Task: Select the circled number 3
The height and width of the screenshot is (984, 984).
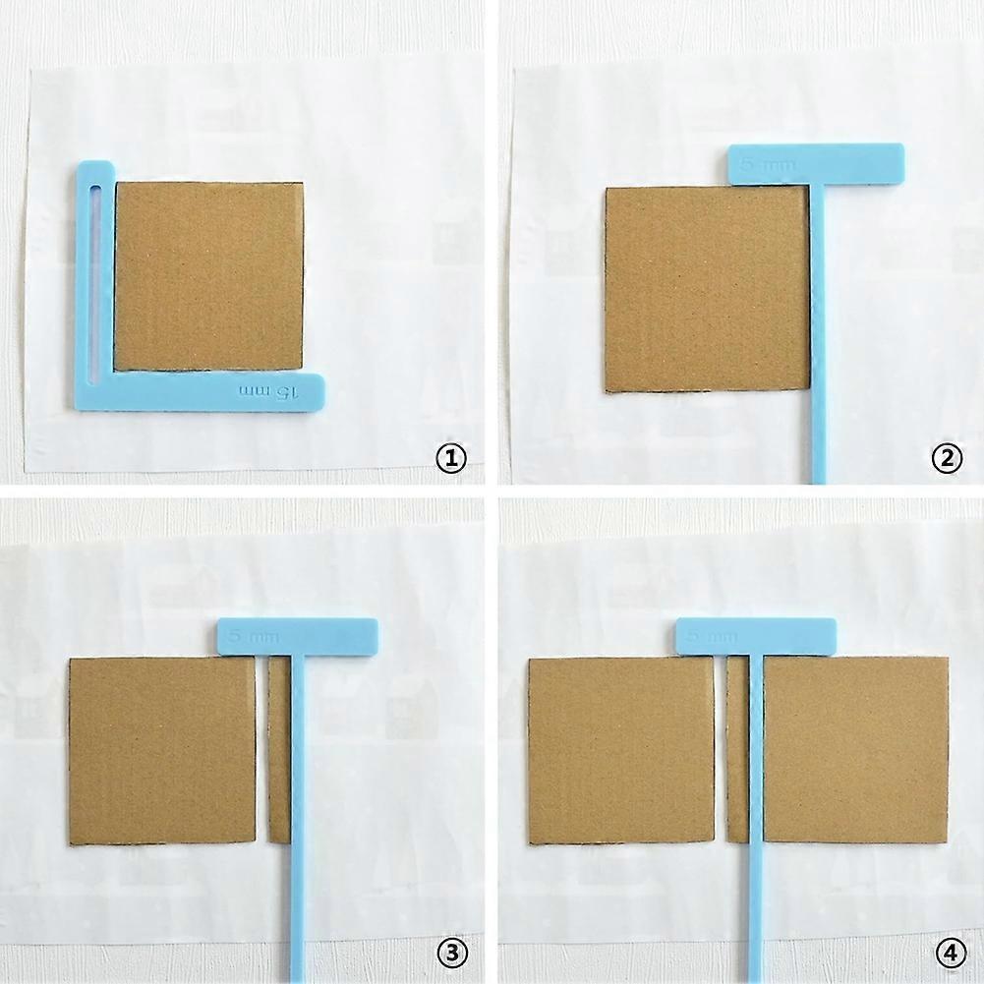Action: coord(450,952)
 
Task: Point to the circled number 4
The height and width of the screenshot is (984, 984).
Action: coord(946,952)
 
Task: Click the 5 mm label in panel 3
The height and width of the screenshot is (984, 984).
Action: coord(254,636)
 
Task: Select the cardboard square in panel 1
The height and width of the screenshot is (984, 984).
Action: coord(208,275)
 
